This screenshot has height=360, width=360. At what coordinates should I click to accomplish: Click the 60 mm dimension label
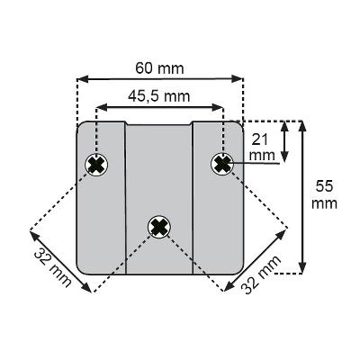(159, 68)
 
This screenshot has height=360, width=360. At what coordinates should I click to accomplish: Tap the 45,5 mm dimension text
(159, 96)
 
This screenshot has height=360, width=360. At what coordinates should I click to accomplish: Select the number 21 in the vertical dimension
(259, 139)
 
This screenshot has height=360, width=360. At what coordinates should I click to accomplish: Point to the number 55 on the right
(324, 186)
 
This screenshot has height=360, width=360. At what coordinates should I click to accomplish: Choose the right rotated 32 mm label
(261, 274)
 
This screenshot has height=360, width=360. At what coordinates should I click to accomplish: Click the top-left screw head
(96, 165)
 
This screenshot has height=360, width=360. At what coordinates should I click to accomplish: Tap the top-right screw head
(222, 164)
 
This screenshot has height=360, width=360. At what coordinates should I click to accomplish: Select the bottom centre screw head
(159, 227)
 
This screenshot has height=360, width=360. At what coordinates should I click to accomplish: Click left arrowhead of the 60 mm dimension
(83, 79)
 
